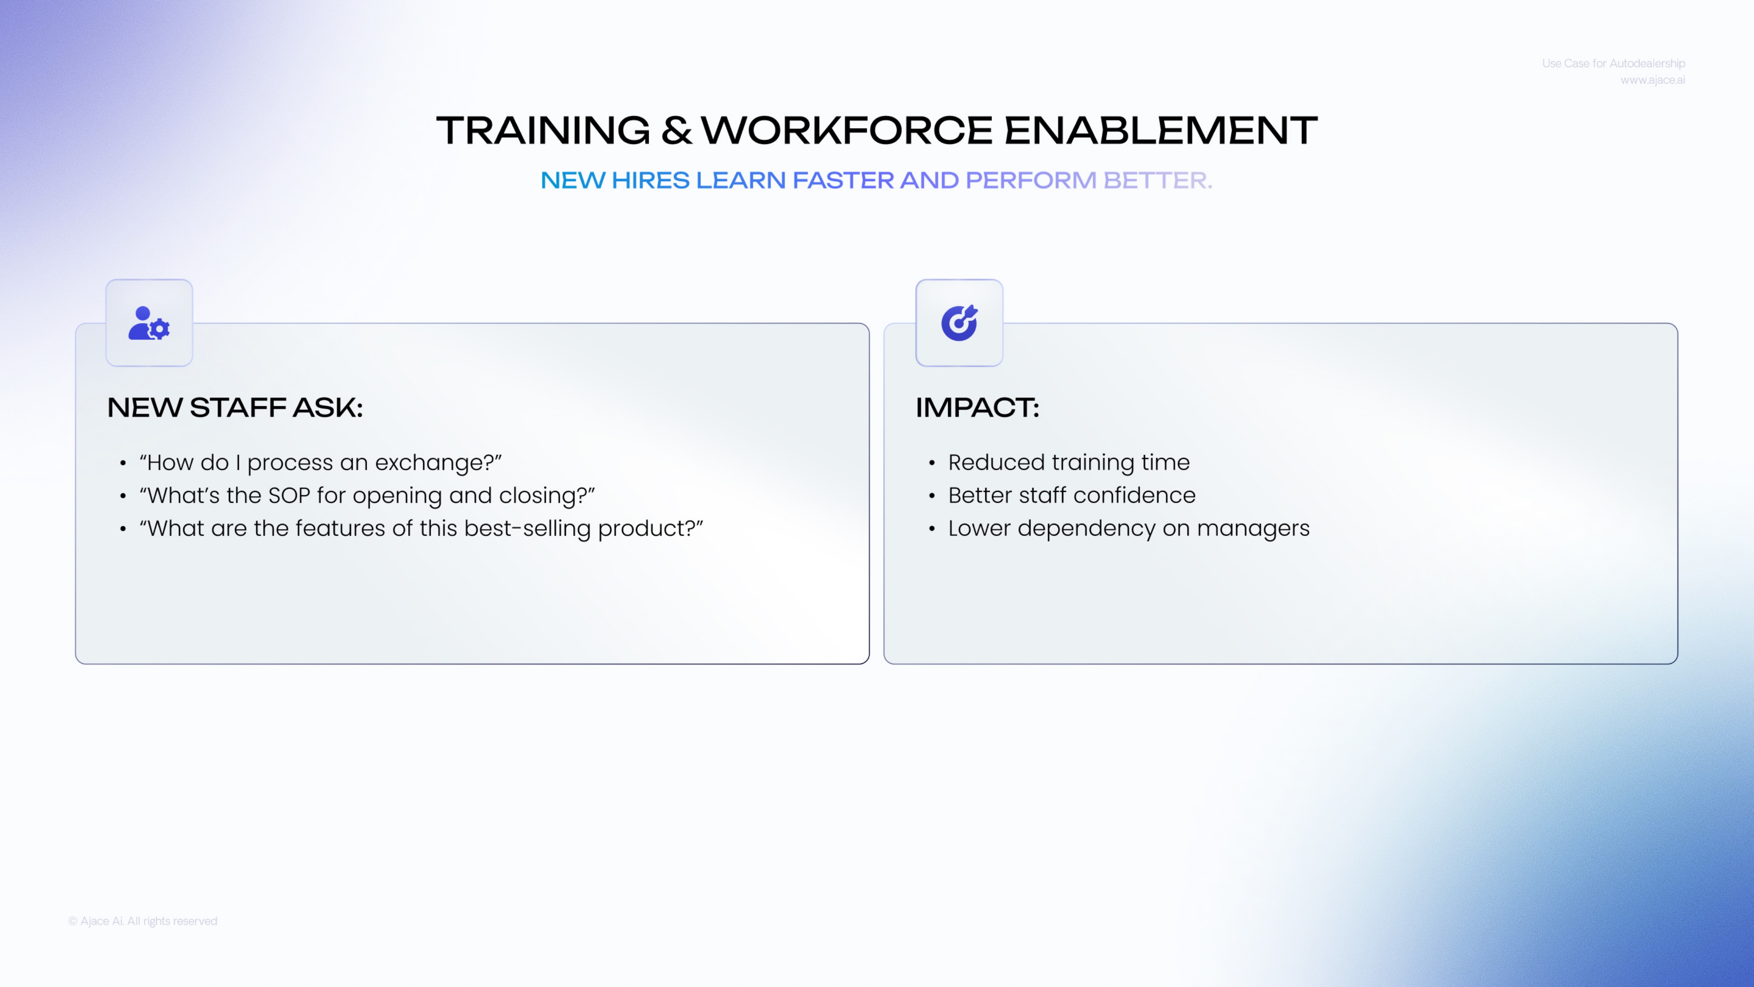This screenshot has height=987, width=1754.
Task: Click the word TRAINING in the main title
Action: pyautogui.click(x=543, y=130)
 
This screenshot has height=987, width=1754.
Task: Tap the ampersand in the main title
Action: pyautogui.click(x=676, y=130)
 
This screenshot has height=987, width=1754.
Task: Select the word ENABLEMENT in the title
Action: pyautogui.click(x=1161, y=130)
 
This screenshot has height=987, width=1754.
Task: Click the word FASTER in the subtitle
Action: pyautogui.click(x=843, y=180)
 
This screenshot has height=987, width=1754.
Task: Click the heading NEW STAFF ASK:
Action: pyautogui.click(x=235, y=408)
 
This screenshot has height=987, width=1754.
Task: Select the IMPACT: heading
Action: pyautogui.click(x=977, y=408)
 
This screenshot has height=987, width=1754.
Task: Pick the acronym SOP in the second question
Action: pyautogui.click(x=289, y=495)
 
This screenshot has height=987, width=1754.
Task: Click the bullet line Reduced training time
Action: pyautogui.click(x=1069, y=462)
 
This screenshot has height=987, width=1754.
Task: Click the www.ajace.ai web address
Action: pyautogui.click(x=1653, y=80)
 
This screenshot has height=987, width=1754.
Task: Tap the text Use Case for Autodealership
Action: pyautogui.click(x=1614, y=63)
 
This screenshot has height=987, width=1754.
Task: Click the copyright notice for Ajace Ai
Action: pyautogui.click(x=143, y=921)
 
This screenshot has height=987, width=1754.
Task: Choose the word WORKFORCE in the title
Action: pyautogui.click(x=847, y=130)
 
